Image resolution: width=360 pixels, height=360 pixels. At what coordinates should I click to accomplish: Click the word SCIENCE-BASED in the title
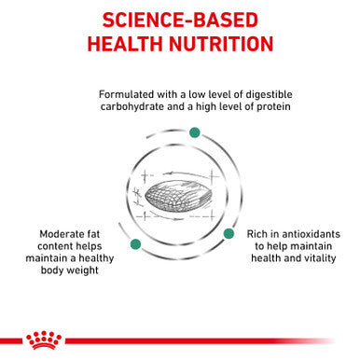pyautogui.click(x=180, y=20)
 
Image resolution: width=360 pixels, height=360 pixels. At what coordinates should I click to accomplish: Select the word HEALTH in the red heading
pyautogui.click(x=126, y=45)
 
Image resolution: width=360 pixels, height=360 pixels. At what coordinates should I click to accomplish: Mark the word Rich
pyautogui.click(x=257, y=234)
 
